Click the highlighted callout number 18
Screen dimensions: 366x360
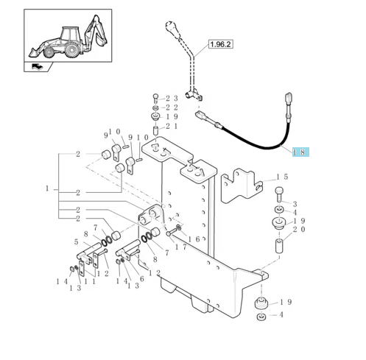pos(300,152)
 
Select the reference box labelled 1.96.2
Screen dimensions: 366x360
pos(221,44)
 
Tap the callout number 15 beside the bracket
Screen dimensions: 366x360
pos(282,177)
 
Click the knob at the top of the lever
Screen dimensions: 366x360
pos(172,27)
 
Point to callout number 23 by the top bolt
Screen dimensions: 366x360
pos(172,99)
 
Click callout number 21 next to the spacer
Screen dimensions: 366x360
pos(172,126)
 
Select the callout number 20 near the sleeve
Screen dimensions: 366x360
pos(299,230)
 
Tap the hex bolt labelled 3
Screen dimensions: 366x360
pos(279,194)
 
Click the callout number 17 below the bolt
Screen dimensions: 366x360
pos(181,247)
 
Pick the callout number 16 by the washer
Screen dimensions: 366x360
pos(194,239)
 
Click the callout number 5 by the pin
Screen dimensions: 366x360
pos(77,242)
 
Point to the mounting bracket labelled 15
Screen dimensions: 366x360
pos(242,186)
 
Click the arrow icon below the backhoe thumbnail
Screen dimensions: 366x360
pos(38,66)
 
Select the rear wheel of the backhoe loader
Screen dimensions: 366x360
pos(72,50)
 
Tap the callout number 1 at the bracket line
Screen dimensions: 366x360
pos(47,188)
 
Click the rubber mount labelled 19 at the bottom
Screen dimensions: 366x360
pos(261,304)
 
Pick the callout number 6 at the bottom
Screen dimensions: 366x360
pos(142,279)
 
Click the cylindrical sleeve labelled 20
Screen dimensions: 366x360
pos(279,246)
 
